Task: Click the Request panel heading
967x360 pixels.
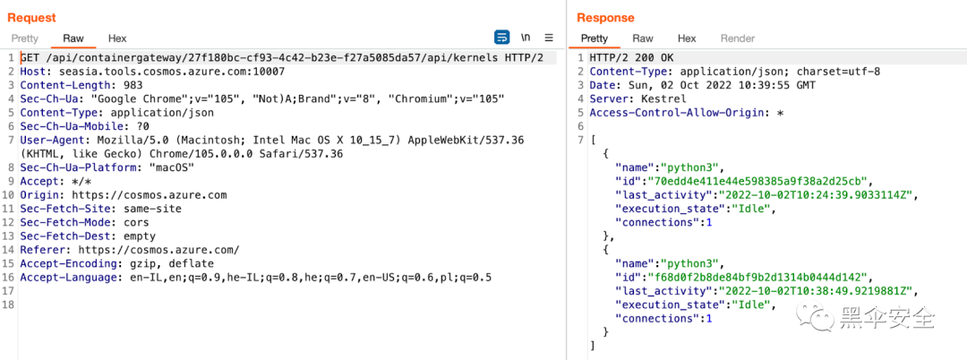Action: click(31, 17)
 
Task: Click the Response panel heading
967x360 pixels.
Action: click(605, 17)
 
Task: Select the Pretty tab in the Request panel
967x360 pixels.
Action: click(25, 39)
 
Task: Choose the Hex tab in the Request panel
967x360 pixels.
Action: click(117, 39)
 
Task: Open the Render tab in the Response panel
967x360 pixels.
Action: click(738, 39)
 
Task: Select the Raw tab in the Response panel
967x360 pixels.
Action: click(643, 39)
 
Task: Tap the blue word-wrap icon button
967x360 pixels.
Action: click(501, 38)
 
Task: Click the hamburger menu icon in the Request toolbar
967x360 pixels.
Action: click(549, 38)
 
